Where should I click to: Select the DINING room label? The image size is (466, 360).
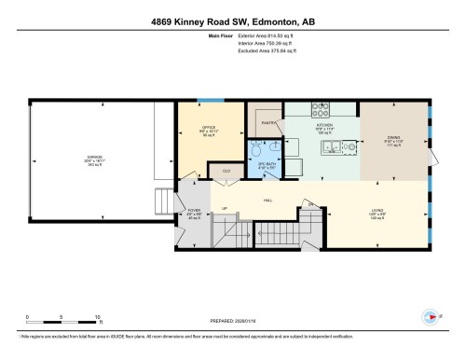[393, 140]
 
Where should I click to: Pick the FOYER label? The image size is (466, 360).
[194, 212]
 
